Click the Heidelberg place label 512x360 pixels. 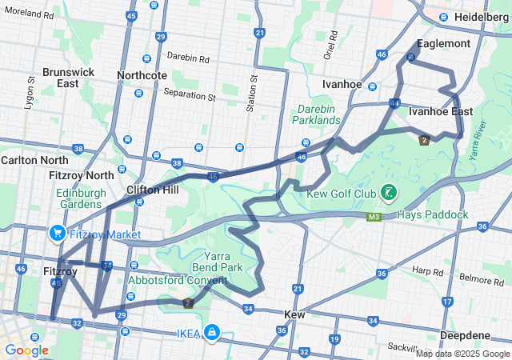tap(478, 17)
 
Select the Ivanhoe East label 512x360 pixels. tap(435, 112)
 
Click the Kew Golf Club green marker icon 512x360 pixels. tap(388, 193)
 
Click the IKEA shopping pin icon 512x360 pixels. tap(211, 332)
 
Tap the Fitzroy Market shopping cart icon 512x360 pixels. tap(57, 234)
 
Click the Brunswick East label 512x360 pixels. tap(68, 78)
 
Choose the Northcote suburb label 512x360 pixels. tap(142, 75)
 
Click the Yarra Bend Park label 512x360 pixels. tap(220, 262)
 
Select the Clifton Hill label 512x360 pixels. tap(152, 190)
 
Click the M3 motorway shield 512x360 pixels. tap(374, 216)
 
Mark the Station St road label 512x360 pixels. tap(253, 91)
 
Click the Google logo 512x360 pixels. tap(26, 350)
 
